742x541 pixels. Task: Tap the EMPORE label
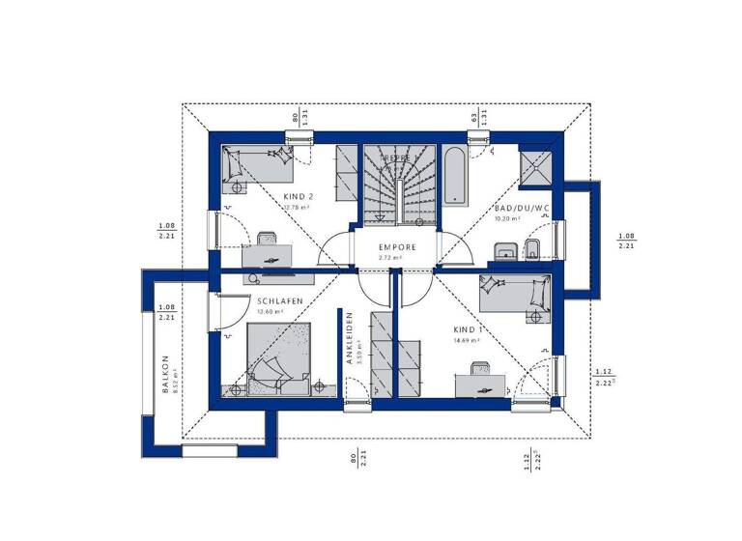[x=397, y=247]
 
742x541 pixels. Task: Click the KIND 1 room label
[x=469, y=328]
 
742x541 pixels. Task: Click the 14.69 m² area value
[x=468, y=340]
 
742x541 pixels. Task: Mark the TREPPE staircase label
[x=396, y=157]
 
